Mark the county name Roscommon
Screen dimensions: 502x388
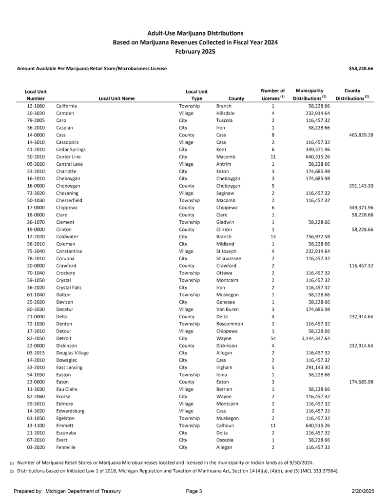tap(229, 324)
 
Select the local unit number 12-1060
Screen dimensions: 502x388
tap(37, 106)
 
